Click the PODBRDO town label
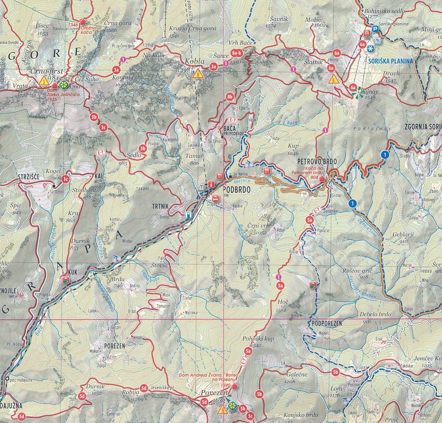pyautogui.click(x=237, y=190)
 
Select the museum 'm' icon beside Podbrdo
pyautogui.click(x=202, y=187)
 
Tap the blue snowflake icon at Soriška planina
pyautogui.click(x=370, y=48)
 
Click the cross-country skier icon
pyautogui.click(x=378, y=40)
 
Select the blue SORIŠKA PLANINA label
pyautogui.click(x=390, y=61)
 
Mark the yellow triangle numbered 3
pyautogui.click(x=43, y=81)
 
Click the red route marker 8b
pyautogui.click(x=230, y=96)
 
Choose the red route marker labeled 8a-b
pyautogui.click(x=236, y=53)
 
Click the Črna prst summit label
pyautogui.click(x=42, y=71)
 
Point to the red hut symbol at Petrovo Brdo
pyautogui.click(x=322, y=179)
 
